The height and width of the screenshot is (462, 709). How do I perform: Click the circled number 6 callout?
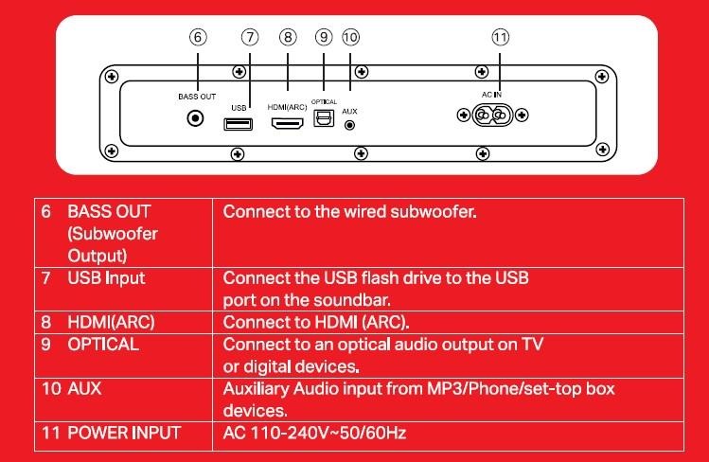197,37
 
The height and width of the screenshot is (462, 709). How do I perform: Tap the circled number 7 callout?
250,37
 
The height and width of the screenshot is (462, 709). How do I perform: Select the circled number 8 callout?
288,37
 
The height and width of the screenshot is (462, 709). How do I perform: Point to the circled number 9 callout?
325,37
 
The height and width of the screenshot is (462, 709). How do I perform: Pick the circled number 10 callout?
350,37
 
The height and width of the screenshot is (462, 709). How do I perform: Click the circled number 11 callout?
500,37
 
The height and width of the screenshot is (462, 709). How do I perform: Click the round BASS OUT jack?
197,119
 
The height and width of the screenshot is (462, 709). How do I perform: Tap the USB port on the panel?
239,123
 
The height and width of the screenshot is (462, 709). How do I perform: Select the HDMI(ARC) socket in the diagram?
288,123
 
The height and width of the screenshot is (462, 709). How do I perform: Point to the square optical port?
325,121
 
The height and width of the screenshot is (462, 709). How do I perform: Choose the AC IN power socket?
492,116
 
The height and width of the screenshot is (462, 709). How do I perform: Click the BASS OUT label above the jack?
197,97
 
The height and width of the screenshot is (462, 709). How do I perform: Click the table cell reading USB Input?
106,278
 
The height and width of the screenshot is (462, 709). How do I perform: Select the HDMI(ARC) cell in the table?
111,322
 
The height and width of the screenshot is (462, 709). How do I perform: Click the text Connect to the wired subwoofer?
349,211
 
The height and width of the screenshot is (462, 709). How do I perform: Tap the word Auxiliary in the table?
257,389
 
